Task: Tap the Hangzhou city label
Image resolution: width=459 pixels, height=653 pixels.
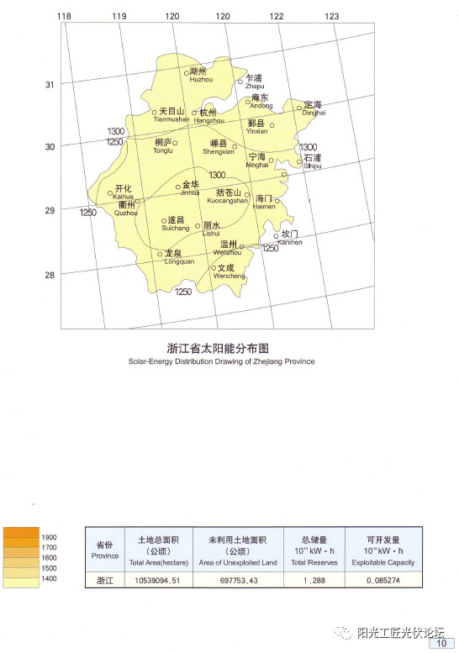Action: (x=208, y=117)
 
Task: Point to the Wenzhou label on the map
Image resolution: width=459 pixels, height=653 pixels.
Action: (x=227, y=248)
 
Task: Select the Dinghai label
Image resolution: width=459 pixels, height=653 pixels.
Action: (x=313, y=108)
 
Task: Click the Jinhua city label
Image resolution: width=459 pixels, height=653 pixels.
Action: (x=190, y=188)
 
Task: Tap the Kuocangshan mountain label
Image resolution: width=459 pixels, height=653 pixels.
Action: (x=225, y=197)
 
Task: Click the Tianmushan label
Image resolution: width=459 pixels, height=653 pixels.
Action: (x=171, y=115)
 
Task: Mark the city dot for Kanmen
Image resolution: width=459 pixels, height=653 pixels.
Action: (x=276, y=236)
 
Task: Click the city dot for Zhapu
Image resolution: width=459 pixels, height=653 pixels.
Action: (x=240, y=82)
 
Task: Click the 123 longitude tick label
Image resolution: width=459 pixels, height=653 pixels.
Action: (x=332, y=16)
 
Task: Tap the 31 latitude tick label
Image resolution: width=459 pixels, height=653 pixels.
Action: (x=50, y=84)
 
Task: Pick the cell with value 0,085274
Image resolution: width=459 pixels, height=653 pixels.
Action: (x=382, y=581)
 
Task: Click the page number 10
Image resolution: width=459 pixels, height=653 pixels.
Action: (x=441, y=644)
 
